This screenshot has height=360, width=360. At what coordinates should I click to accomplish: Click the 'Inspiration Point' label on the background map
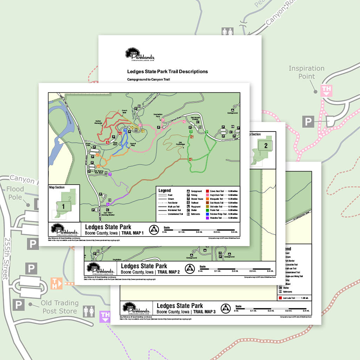pos(306,72)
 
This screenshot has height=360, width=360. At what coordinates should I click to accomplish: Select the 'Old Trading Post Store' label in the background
pos(59,307)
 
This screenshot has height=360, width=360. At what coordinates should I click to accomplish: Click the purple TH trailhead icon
pos(105,316)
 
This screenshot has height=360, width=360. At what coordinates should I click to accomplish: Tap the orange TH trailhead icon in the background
pos(57,283)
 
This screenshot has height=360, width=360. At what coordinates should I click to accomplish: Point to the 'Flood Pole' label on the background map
pos(15,193)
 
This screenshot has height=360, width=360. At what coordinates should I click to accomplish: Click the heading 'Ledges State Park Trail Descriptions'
pos(167,72)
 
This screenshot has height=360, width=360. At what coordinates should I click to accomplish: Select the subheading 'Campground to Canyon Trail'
pos(148,80)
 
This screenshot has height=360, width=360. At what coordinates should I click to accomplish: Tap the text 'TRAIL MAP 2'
pos(168,272)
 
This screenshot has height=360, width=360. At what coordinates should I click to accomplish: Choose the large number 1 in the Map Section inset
pos(64,206)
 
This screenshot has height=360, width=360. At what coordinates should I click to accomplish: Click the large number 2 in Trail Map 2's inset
pos(266,146)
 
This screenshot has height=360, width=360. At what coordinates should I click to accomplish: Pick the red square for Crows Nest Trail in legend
pos(207,191)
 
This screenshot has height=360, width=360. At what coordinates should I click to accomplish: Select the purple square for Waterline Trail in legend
pos(207,218)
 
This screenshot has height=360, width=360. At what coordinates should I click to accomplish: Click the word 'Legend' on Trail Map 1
pos(165,191)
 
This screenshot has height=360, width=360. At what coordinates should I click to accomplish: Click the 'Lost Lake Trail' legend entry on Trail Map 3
pos(290,298)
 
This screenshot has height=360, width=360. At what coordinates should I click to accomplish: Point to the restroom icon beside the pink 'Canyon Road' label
pos(227,32)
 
